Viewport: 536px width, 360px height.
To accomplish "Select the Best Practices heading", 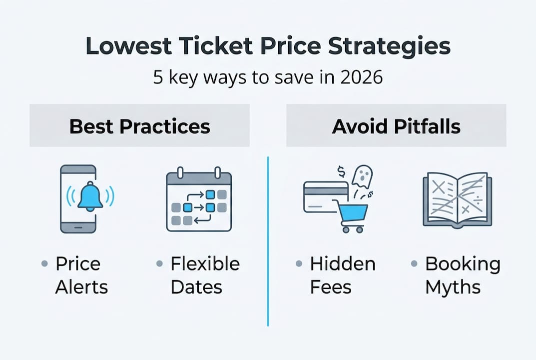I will pyautogui.click(x=139, y=126).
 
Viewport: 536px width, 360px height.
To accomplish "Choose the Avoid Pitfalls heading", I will pyautogui.click(x=396, y=126).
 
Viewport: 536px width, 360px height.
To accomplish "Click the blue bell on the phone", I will pyautogui.click(x=90, y=196).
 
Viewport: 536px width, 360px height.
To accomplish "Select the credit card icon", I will pyautogui.click(x=325, y=196).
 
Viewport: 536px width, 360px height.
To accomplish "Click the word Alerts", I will pyautogui.click(x=81, y=287).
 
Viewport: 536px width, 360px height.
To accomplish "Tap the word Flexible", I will pyautogui.click(x=205, y=263).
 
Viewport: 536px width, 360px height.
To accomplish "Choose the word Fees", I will pyautogui.click(x=331, y=287).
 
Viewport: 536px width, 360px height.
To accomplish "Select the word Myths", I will pyautogui.click(x=453, y=287).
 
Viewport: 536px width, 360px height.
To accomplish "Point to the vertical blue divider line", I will pyautogui.click(x=268, y=240).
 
